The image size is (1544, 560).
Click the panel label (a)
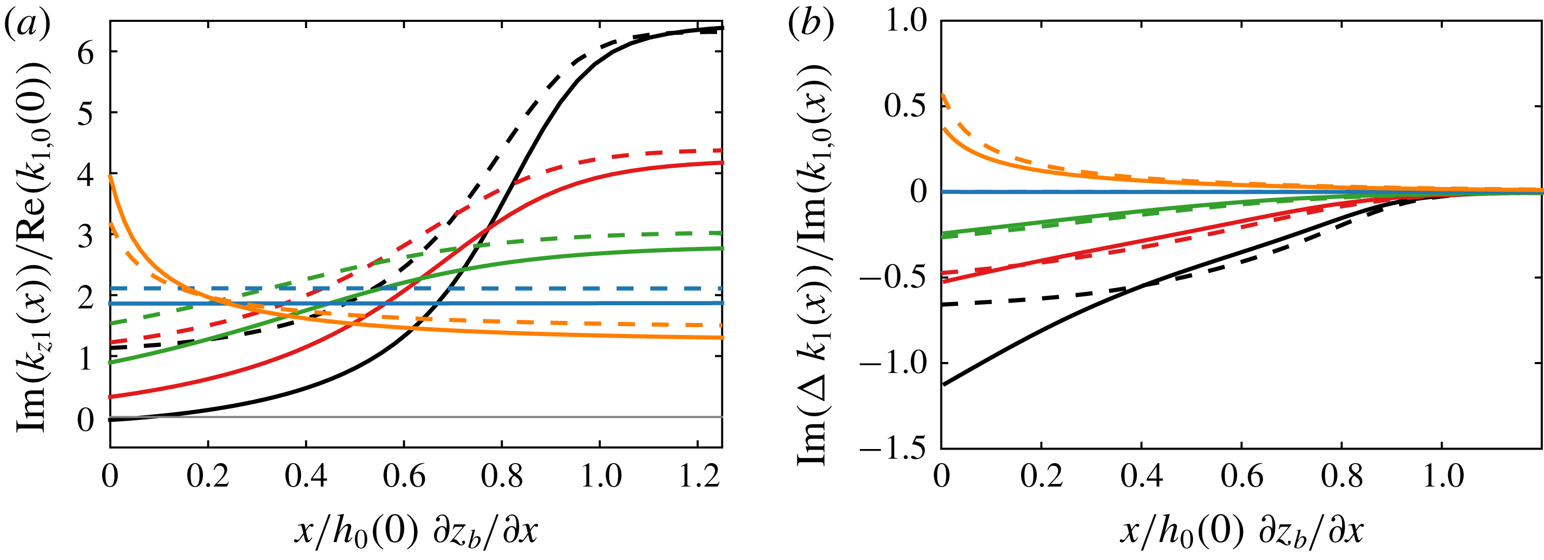[27, 25]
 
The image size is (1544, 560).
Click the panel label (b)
[811, 25]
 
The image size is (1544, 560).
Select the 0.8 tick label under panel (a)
[503, 477]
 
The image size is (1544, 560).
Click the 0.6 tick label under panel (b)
[1241, 477]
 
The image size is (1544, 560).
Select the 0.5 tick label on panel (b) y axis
[905, 107]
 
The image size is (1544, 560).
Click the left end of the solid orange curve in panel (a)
[111, 176]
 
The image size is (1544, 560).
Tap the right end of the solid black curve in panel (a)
[722, 28]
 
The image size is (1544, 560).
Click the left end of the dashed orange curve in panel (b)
[942, 95]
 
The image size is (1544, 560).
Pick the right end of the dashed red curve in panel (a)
[722, 150]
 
